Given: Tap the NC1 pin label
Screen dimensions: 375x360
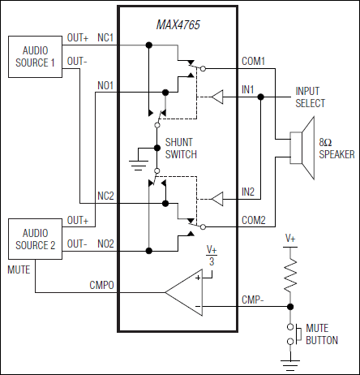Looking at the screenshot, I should [x=106, y=37].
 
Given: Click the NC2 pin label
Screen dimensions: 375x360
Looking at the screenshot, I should [x=106, y=196].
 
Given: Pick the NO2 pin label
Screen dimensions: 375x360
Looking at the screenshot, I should [x=106, y=243].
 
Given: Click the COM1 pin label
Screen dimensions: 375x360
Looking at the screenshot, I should [x=254, y=61].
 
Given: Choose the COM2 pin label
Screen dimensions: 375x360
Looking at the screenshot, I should [x=254, y=219].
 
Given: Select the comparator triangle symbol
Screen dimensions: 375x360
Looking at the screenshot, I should [x=186, y=289].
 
